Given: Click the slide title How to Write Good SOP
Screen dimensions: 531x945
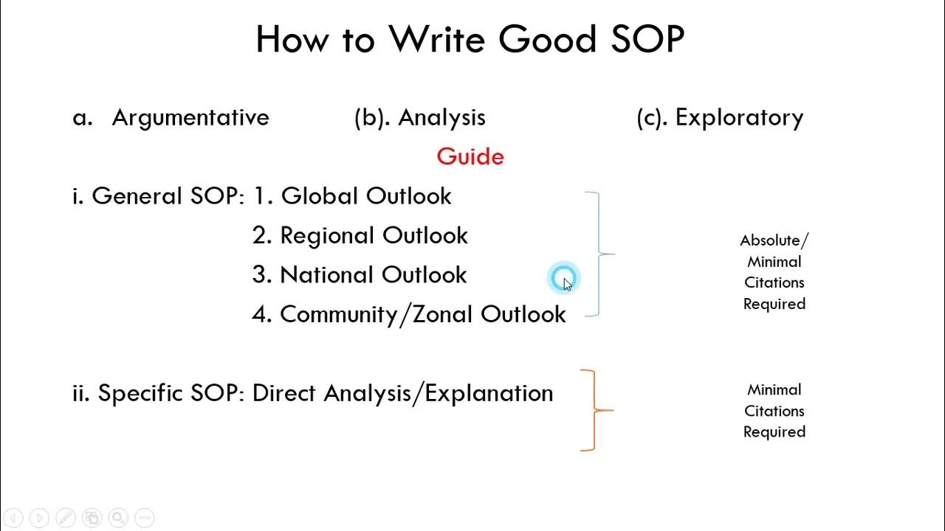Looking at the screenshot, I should coord(470,40).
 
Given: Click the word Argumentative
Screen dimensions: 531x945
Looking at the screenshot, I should coord(190,117).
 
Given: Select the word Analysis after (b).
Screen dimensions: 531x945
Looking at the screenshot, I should coord(441,117).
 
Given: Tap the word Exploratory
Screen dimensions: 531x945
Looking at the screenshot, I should coord(739,117).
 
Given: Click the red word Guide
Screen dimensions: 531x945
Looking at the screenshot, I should coord(470,156).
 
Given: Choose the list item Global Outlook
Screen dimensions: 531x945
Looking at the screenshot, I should coord(366,196).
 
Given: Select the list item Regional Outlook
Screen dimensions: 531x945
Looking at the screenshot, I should coord(374,235).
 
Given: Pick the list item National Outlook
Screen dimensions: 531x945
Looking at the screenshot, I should coord(373,275).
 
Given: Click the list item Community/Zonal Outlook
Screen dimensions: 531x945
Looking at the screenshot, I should coord(422,314).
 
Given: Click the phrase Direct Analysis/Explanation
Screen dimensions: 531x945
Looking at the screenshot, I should coord(402,393).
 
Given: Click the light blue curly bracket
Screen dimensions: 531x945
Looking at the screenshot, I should coord(599,254).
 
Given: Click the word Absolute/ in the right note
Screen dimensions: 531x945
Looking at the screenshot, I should coord(774,240).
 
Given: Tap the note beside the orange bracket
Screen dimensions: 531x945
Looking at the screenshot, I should coord(774,411).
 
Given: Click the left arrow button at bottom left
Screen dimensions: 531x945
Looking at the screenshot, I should coord(13,518).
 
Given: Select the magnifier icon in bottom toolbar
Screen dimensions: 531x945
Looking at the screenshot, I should coord(117,518).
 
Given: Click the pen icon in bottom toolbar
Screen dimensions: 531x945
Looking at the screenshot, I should coord(65,518).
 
